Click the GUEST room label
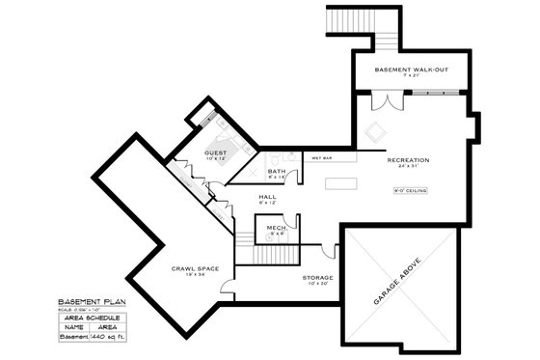[214, 153]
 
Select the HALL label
[267, 196]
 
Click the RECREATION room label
[407, 159]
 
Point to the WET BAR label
[320, 156]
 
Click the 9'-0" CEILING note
[409, 190]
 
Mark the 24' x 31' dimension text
[407, 168]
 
